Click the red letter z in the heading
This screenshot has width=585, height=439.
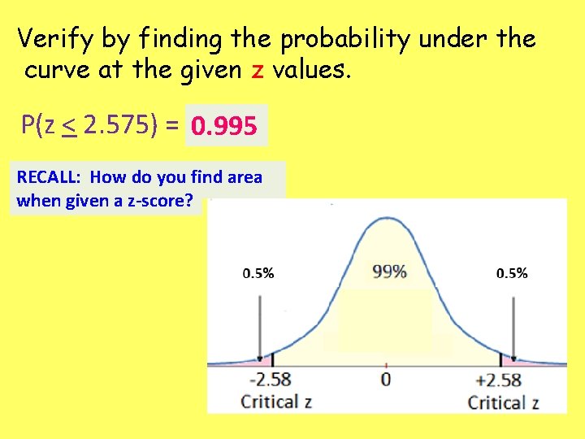tap(258, 70)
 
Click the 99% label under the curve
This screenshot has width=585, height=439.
tap(389, 272)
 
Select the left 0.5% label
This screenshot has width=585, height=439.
tap(258, 273)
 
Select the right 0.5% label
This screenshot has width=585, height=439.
tap(512, 273)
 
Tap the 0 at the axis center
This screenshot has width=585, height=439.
tap(386, 379)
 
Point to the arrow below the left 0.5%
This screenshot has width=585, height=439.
tap(259, 325)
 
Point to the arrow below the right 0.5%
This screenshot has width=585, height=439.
tap(512, 325)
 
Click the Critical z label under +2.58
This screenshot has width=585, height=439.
tap(504, 401)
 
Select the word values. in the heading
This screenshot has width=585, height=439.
tap(312, 70)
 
